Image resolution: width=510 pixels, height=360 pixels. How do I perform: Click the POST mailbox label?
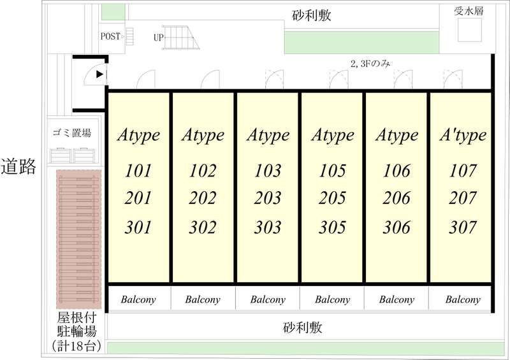110,36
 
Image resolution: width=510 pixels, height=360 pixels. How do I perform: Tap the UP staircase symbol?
181,38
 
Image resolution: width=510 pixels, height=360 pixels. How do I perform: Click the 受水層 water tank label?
469,11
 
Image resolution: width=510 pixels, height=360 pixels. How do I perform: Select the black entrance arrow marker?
99,75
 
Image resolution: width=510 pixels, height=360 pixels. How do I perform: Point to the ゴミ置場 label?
72,133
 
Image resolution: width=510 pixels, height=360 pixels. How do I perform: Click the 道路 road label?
18,167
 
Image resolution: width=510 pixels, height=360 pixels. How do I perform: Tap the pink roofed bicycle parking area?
78,239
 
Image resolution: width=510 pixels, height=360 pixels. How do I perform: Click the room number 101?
138,170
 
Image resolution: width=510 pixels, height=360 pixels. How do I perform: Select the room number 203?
267,198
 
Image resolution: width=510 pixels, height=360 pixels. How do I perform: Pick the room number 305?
332,227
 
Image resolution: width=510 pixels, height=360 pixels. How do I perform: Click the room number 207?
463,198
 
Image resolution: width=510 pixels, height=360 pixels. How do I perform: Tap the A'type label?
463,135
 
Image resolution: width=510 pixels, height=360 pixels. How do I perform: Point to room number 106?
397,170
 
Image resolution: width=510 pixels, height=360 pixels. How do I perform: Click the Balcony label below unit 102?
203,299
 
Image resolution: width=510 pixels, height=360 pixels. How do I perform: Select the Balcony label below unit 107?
463,299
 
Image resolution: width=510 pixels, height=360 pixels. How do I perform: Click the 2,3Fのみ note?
370,64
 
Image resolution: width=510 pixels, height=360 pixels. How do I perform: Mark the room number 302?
203,227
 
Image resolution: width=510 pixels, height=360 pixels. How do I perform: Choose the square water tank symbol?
470,30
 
